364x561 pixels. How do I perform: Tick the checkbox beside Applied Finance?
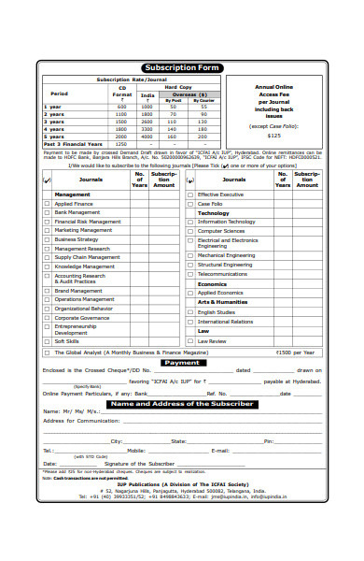point(48,203)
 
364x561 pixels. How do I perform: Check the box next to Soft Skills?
point(48,341)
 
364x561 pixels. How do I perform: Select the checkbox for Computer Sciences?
point(190,230)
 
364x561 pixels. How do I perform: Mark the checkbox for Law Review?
point(190,341)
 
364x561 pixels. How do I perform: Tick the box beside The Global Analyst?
point(48,352)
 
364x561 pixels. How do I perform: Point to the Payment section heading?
point(182,362)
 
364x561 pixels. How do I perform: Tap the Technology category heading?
point(213,212)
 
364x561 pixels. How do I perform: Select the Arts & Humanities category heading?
point(222,302)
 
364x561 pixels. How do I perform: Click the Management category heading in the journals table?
point(72,194)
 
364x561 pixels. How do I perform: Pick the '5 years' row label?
point(54,137)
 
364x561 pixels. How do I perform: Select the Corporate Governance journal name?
point(82,317)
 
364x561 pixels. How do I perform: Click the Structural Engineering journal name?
point(224,265)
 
